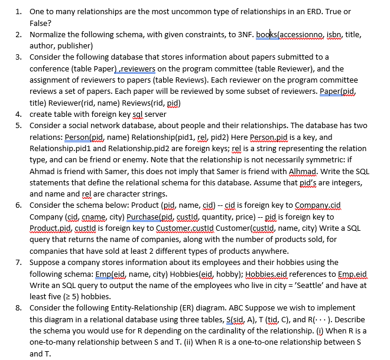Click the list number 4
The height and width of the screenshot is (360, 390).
[18, 114]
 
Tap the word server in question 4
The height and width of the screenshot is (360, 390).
[155, 114]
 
